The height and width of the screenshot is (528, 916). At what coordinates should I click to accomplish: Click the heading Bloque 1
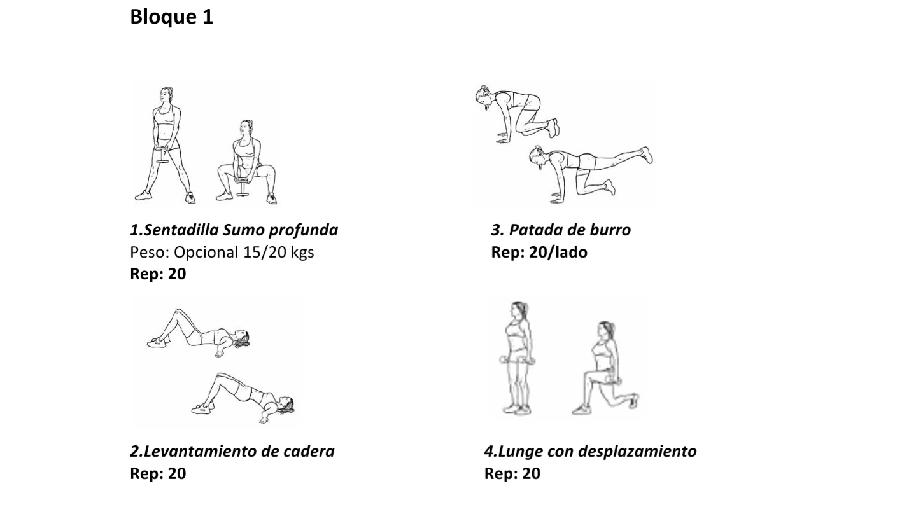[171, 17]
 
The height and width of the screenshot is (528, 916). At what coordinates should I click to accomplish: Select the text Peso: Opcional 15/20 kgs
[222, 253]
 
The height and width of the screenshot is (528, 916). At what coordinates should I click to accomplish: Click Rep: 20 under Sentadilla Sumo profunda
[158, 274]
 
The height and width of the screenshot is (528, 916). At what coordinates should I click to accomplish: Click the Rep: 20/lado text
[539, 253]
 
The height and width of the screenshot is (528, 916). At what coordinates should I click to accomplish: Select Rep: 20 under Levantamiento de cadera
[158, 474]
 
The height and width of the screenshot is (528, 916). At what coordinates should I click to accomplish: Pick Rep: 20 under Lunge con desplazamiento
[512, 474]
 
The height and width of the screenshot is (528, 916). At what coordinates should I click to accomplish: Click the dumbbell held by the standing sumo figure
[162, 155]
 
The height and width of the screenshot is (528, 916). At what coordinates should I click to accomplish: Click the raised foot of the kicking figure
[647, 155]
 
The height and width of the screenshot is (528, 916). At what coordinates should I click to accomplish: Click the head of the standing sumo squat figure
[166, 97]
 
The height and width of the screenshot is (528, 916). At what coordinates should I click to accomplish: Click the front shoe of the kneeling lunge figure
[582, 409]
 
